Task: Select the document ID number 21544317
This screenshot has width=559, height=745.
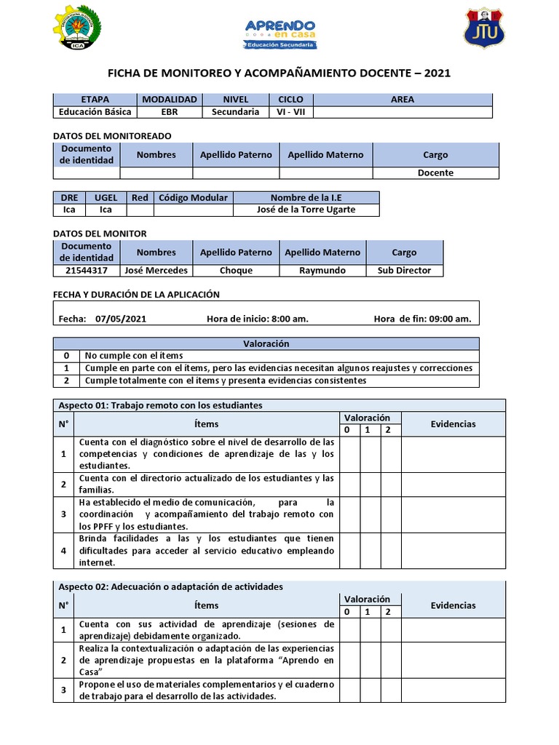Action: [x=87, y=270]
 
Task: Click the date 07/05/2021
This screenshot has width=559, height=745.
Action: [x=121, y=319]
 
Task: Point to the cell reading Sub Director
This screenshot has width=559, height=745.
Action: [x=404, y=270]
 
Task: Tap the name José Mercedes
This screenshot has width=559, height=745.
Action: [x=156, y=270]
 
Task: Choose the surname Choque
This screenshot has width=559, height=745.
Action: [x=236, y=270]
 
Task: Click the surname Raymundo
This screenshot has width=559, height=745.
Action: [x=322, y=270]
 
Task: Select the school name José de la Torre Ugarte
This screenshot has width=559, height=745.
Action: [x=306, y=210]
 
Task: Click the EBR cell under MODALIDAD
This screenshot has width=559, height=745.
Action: [x=169, y=112]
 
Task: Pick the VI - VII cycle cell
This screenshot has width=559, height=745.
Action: [x=290, y=112]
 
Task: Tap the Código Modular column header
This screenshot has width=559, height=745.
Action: [x=193, y=197]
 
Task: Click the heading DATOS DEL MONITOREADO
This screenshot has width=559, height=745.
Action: [x=113, y=135]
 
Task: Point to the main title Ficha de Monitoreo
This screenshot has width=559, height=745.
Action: [x=279, y=73]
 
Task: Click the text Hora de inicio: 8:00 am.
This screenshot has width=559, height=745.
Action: [x=257, y=319]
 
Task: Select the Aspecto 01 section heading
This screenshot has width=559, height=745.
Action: [x=160, y=405]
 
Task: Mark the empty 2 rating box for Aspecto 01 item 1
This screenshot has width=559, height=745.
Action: [x=391, y=454]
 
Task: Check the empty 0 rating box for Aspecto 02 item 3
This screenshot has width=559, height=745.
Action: [x=349, y=690]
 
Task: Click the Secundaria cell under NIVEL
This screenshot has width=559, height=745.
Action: [x=235, y=112]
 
